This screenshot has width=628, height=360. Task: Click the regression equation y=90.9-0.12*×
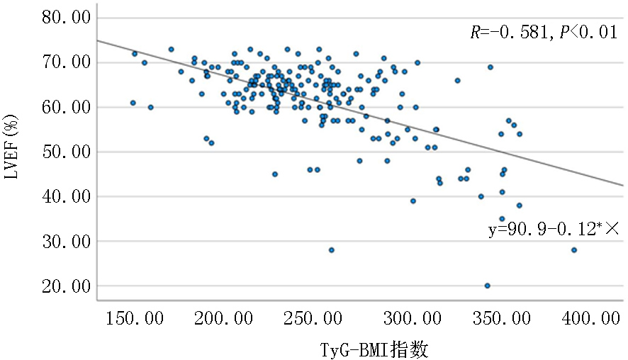coord(554,231)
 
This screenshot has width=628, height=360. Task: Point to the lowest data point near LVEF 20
coord(487,286)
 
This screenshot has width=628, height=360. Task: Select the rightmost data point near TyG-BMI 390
coord(574,250)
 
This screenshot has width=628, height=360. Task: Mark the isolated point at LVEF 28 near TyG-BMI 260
coord(331,250)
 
